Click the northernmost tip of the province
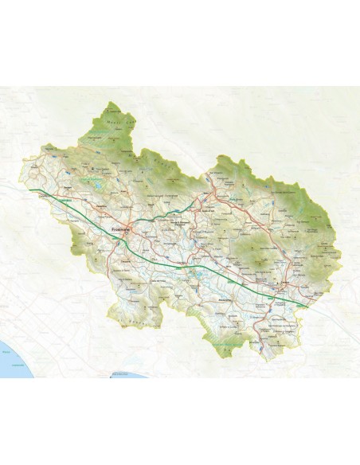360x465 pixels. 111,103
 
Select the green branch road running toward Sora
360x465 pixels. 171,209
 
